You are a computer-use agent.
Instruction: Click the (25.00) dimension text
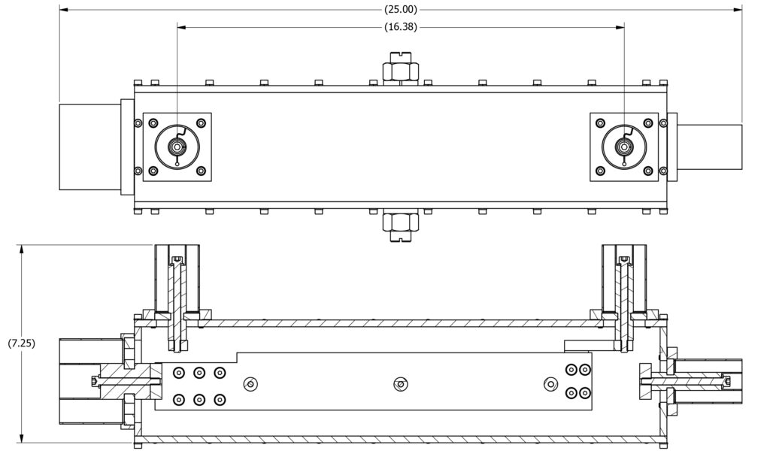[400, 10]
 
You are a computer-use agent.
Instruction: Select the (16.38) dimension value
[400, 26]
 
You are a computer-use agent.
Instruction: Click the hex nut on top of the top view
[400, 71]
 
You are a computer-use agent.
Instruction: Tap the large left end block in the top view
[89, 147]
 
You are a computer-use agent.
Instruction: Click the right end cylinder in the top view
[710, 147]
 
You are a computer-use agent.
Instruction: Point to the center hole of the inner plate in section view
[400, 384]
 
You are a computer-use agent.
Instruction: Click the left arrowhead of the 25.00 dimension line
[63, 10]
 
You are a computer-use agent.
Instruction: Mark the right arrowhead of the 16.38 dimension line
[621, 26]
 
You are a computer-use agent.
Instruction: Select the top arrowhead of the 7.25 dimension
[23, 247]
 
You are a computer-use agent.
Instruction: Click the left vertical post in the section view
[177, 301]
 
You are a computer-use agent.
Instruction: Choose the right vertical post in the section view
[623, 301]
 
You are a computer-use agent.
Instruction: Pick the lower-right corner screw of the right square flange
[648, 171]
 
